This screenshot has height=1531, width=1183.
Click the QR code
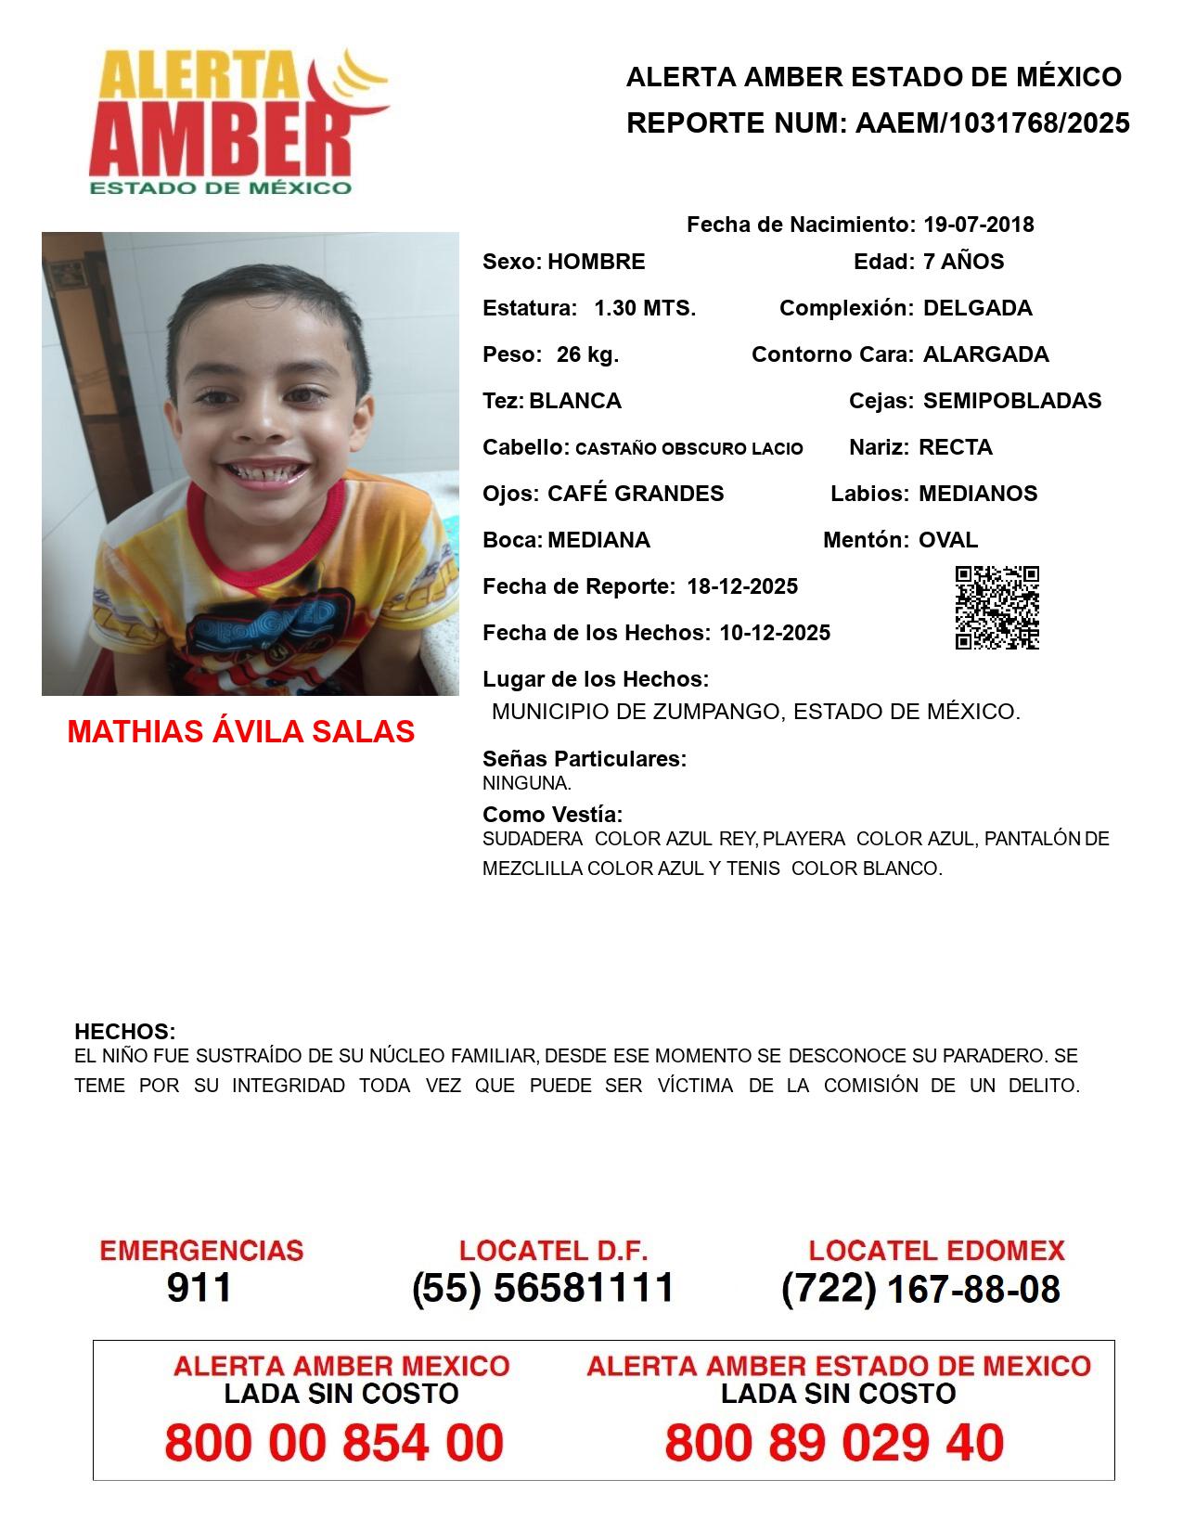[x=997, y=607]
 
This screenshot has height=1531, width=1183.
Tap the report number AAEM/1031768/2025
[x=992, y=123]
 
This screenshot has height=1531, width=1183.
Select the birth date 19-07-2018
[x=978, y=225]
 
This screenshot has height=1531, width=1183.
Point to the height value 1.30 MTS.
[x=645, y=308]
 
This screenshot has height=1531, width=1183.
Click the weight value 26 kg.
[x=587, y=354]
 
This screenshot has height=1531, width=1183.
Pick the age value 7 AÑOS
[x=963, y=262]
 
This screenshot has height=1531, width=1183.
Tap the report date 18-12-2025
[x=742, y=586]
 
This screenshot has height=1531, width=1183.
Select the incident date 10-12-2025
[x=775, y=633]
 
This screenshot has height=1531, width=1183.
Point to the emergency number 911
[x=199, y=1288]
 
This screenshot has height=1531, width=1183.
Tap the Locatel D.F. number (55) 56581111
[x=543, y=1288]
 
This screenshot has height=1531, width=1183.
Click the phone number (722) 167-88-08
[x=920, y=1289]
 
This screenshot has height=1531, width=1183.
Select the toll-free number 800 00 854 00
[x=334, y=1443]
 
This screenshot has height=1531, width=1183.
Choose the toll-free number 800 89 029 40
[x=834, y=1443]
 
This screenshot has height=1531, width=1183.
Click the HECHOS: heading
[x=124, y=1032]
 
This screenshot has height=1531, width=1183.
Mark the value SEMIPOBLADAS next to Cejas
[x=1012, y=401]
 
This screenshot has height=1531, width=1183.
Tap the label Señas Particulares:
[x=585, y=759]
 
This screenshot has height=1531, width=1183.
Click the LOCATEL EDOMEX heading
[x=936, y=1251]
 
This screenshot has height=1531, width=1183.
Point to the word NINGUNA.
[x=526, y=783]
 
